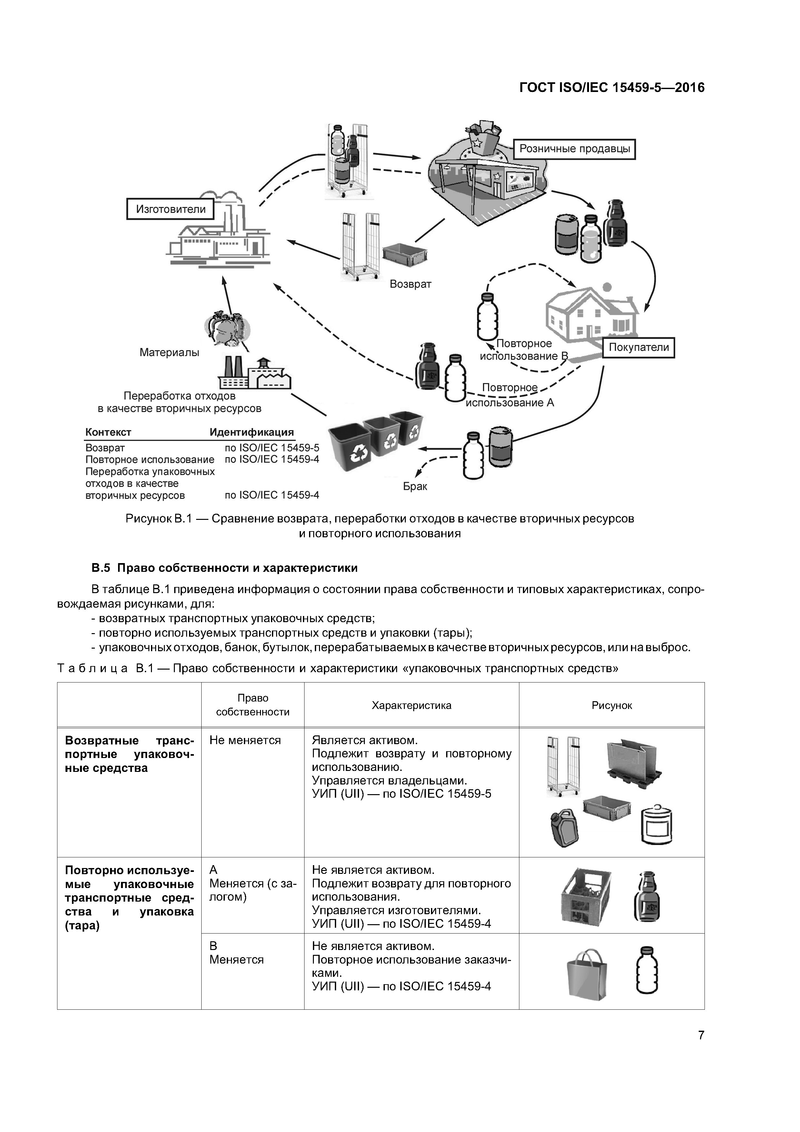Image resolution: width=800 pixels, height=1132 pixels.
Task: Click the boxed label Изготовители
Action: [171, 209]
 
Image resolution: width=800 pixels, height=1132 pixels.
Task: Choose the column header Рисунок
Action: [611, 705]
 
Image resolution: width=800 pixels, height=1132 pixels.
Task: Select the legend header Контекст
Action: [108, 432]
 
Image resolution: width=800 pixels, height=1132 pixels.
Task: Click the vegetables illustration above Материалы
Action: [227, 328]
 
